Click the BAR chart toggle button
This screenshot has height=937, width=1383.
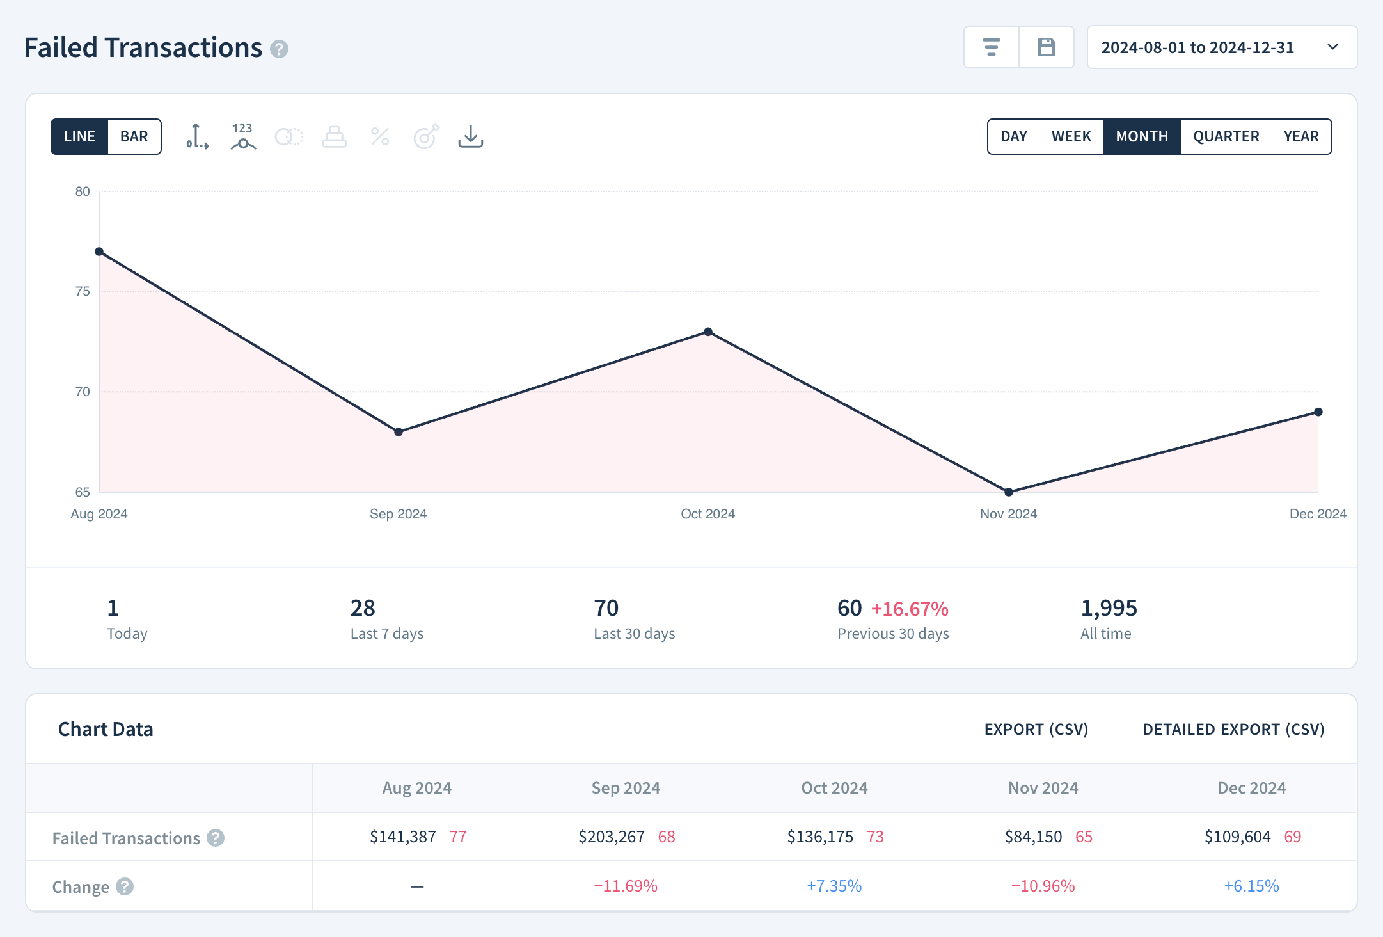[134, 136]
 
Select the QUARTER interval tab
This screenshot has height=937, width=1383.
[1226, 136]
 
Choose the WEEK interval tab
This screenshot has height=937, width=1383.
[1071, 136]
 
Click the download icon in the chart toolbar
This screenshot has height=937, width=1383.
[470, 136]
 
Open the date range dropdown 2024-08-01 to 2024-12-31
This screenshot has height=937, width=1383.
[1222, 47]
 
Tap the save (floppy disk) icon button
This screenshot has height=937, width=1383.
[1046, 47]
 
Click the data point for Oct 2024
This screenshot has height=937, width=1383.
[707, 332]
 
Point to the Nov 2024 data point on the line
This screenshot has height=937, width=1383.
[1008, 492]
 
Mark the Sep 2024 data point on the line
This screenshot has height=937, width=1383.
[398, 432]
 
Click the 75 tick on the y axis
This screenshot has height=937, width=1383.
[83, 291]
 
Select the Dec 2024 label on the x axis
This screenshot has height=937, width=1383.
[1317, 514]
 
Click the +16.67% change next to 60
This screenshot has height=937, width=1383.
[909, 609]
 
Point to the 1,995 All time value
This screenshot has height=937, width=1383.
[1109, 608]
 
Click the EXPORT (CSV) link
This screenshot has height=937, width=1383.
[1036, 729]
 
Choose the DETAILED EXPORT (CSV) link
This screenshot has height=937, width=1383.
[1233, 729]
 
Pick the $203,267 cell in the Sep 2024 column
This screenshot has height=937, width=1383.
[611, 837]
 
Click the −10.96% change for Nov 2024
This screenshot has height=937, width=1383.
[1043, 886]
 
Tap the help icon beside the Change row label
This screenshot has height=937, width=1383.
[125, 886]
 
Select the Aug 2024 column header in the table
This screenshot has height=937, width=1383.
[416, 788]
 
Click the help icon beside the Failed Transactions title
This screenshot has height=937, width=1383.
[279, 49]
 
